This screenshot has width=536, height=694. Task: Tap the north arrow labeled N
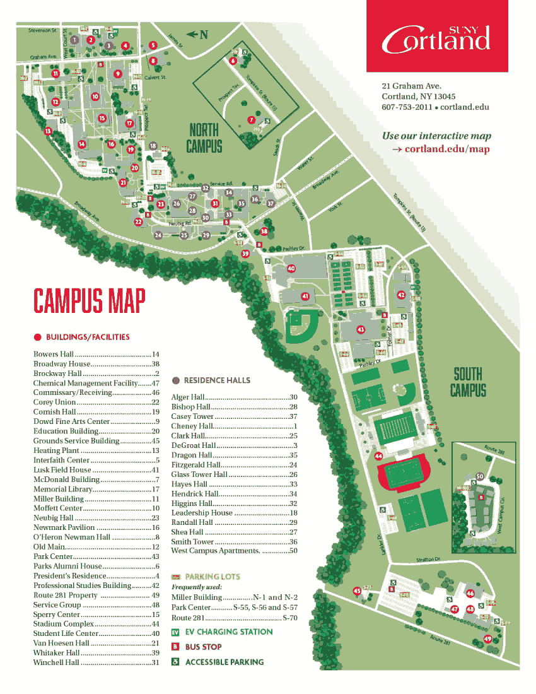coord(197,35)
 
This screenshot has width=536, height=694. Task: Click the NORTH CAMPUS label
coord(204,138)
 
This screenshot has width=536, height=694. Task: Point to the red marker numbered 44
coord(378,456)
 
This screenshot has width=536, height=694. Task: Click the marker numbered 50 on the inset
coord(480,476)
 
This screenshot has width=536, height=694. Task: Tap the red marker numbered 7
coord(251,119)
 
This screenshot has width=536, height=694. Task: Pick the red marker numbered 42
coord(401,295)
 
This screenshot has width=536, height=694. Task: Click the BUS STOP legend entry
coord(203,647)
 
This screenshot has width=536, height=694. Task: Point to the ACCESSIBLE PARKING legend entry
coord(224,662)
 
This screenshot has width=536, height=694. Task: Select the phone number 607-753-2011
coord(407,107)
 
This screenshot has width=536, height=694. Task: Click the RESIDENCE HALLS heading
coord(216,380)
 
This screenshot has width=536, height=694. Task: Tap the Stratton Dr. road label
coord(428,560)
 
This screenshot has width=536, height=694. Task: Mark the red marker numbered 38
coord(264,231)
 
